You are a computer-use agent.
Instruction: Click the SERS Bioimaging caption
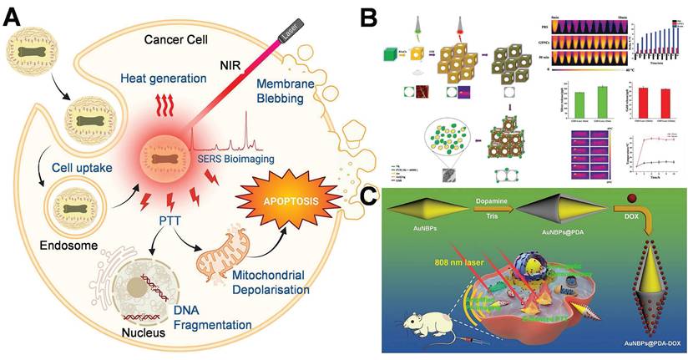[236, 160]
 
